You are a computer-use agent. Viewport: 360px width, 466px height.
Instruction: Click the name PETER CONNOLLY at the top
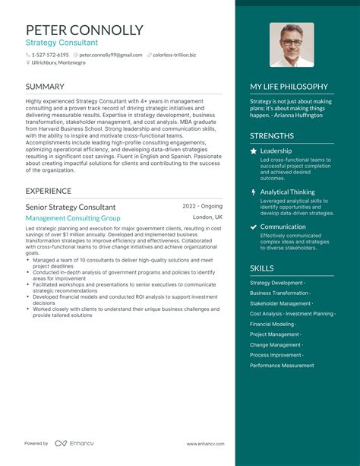pyautogui.click(x=84, y=30)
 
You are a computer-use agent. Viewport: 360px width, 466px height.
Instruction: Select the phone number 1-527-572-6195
pyautogui.click(x=50, y=55)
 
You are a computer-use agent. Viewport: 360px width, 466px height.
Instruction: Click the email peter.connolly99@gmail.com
pyautogui.click(x=111, y=55)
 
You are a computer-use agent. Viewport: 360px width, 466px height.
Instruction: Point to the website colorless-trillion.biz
pyautogui.click(x=175, y=55)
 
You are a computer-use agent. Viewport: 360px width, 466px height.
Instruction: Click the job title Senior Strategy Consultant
pyautogui.click(x=71, y=207)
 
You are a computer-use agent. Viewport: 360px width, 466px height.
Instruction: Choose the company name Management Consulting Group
pyautogui.click(x=73, y=218)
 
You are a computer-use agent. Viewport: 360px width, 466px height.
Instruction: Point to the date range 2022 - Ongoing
pyautogui.click(x=202, y=206)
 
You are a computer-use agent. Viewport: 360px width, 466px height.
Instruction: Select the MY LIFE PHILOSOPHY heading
pyautogui.click(x=289, y=87)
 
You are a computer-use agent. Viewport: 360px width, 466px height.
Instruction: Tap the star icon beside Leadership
pyautogui.click(x=254, y=151)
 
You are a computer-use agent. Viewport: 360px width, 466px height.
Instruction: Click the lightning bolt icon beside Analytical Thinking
pyautogui.click(x=254, y=192)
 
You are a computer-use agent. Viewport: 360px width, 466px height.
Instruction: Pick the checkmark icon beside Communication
pyautogui.click(x=254, y=227)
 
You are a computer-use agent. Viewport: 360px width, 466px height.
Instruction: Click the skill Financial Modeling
pyautogui.click(x=273, y=324)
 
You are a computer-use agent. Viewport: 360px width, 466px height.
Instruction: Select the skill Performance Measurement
pyautogui.click(x=282, y=366)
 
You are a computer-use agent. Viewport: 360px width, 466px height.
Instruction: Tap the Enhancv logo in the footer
pyautogui.click(x=71, y=443)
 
